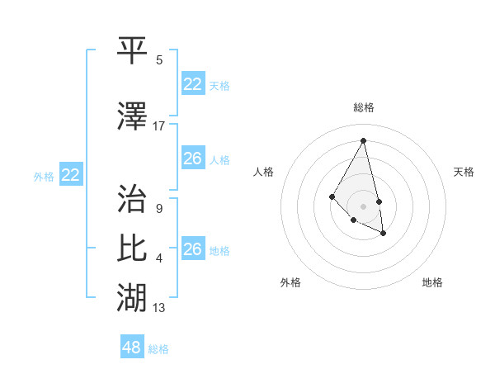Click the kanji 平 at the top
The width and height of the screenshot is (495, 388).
[x=133, y=50]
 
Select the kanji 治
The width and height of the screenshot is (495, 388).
[x=133, y=200]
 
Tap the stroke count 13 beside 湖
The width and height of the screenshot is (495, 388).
[x=159, y=308]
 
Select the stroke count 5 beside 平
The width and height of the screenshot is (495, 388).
[x=159, y=59]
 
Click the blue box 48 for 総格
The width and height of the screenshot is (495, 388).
[x=132, y=348]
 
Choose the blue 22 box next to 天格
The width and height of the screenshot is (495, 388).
[x=193, y=84]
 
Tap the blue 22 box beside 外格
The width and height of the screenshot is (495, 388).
[x=71, y=175]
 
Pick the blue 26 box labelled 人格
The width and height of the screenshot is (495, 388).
[x=193, y=158]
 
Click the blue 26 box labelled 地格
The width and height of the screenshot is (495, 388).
[x=193, y=248]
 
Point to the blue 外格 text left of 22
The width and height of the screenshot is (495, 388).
[x=44, y=176]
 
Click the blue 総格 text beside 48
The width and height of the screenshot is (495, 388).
[x=158, y=348]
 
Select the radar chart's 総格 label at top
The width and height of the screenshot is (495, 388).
[x=364, y=107]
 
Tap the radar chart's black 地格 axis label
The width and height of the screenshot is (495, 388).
[x=432, y=282]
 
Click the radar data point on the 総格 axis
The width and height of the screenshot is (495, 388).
[x=364, y=140]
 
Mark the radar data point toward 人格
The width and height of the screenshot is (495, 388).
[x=332, y=196]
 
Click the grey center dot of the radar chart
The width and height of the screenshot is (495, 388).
[x=364, y=206]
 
